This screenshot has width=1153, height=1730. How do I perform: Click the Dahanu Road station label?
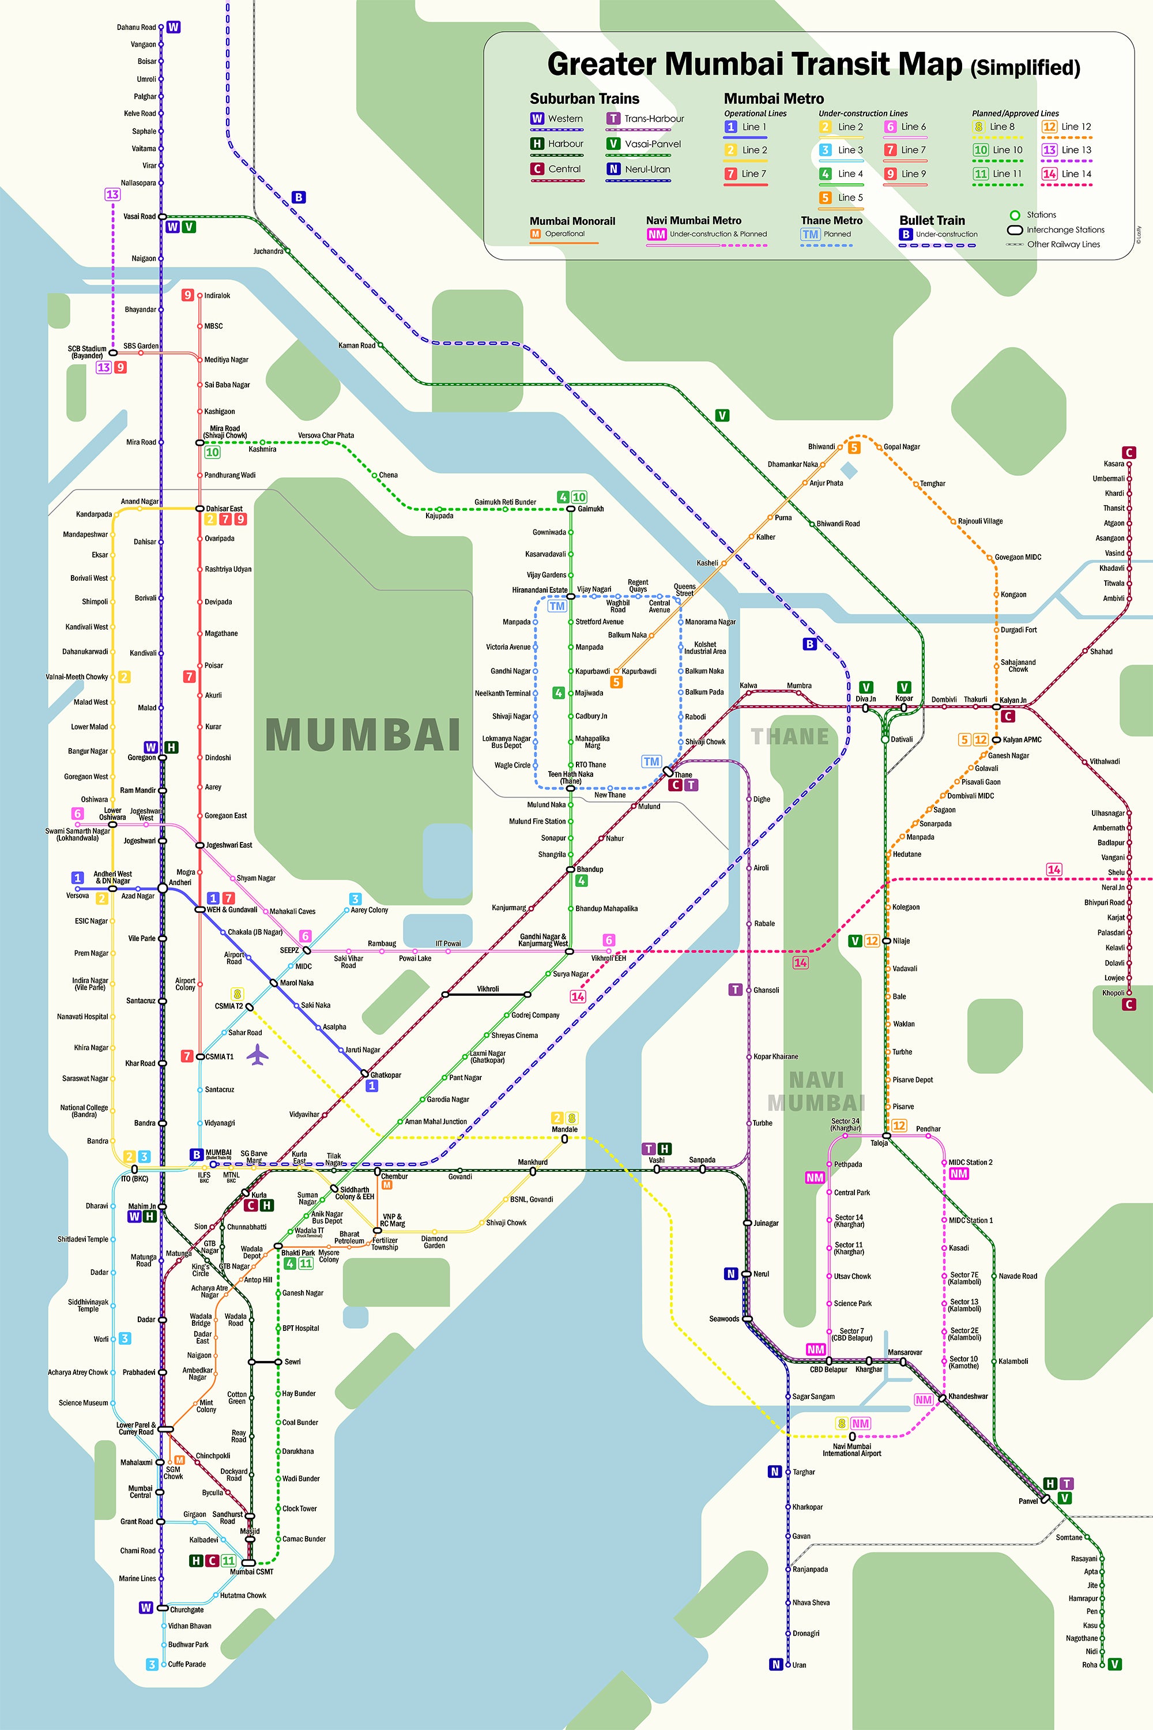pyautogui.click(x=136, y=27)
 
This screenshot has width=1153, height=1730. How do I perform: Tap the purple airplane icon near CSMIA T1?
pyautogui.click(x=257, y=1055)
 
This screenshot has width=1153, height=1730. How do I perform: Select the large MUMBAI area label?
pyautogui.click(x=363, y=735)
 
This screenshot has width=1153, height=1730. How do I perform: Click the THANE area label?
pyautogui.click(x=790, y=736)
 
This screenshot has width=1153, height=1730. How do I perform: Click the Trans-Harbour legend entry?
pyautogui.click(x=653, y=118)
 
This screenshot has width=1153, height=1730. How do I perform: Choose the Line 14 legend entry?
pyautogui.click(x=1076, y=174)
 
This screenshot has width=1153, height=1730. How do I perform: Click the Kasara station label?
pyautogui.click(x=1113, y=464)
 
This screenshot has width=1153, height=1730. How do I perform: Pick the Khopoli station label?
pyautogui.click(x=1113, y=992)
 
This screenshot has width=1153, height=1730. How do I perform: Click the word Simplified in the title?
pyautogui.click(x=1025, y=67)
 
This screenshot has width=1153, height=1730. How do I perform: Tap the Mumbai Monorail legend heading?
pyautogui.click(x=572, y=221)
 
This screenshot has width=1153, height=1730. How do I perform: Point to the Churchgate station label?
pyautogui.click(x=187, y=1609)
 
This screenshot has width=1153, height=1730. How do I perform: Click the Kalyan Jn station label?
pyautogui.click(x=1012, y=699)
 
